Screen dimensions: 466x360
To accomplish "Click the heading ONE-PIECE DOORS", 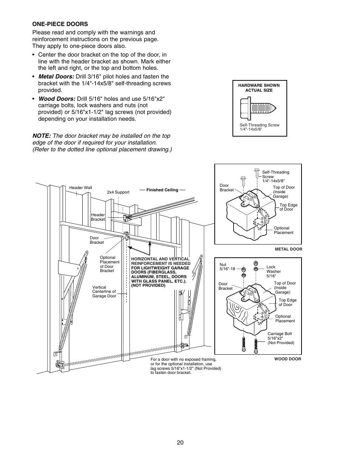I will point(60,24).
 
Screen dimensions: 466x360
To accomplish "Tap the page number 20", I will point(180,443).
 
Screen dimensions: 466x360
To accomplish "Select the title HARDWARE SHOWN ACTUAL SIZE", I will point(259,88).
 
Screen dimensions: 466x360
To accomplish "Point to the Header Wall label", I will point(80,188).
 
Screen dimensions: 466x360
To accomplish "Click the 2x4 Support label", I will point(118,192).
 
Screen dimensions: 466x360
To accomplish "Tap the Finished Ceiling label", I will point(162,190).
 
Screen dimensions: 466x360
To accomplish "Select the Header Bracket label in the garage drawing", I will point(98,217).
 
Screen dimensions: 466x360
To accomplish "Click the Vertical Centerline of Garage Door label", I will point(104,292).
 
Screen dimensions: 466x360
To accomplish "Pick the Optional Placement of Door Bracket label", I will point(109,264).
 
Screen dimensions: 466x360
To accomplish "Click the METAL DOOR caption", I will point(288,249).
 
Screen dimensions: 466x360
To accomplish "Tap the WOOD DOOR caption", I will point(288,359).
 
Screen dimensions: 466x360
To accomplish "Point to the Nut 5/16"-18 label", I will point(227,267).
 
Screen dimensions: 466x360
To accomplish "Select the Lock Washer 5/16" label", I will point(274,271).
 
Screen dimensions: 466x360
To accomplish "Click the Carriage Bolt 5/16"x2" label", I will point(280,338).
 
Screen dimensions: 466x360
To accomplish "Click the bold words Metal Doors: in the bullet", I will point(56,77).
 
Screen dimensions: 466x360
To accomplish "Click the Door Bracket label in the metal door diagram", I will point(226,188).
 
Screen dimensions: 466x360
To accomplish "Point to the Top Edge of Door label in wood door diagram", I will point(288,302).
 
